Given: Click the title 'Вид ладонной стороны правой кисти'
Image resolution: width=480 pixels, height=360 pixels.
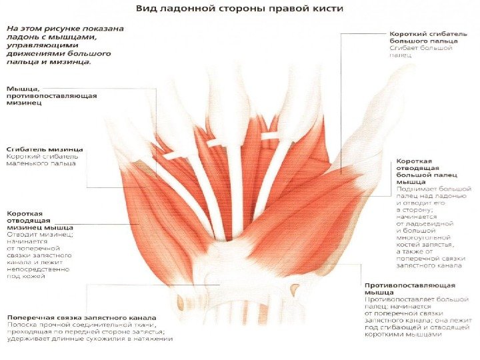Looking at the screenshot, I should pos(240,10).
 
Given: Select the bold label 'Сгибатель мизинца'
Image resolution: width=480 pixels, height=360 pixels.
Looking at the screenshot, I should pos(45,149).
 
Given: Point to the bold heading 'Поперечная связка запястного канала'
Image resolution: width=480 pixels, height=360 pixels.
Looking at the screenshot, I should pos(82,317).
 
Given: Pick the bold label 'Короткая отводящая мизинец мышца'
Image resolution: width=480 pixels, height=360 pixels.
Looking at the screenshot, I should pos(40,221).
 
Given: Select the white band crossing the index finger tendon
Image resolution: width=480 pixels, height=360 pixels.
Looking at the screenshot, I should pos(269,137).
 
